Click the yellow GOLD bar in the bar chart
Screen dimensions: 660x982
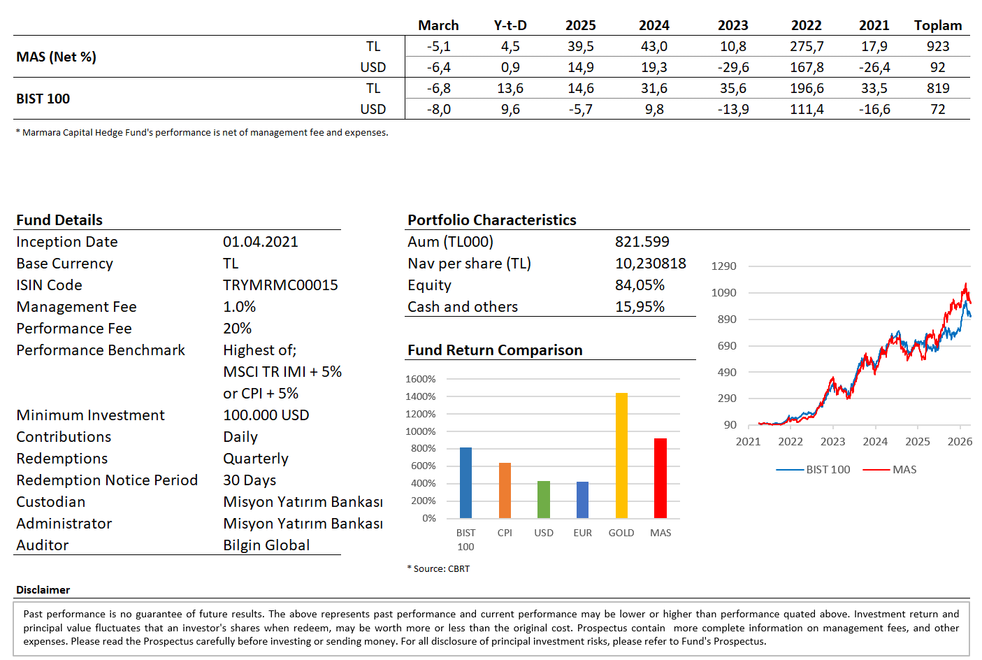[x=621, y=456]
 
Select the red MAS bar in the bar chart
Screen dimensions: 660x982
[x=660, y=478]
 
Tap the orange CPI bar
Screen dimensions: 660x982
[x=505, y=490]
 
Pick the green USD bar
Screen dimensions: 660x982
[x=544, y=499]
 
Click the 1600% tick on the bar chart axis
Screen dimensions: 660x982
[x=420, y=379]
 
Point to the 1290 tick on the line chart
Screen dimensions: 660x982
[x=723, y=266]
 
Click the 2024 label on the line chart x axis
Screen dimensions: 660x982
[x=875, y=442]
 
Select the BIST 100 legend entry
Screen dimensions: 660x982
[x=814, y=470]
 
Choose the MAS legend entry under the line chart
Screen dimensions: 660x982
[x=890, y=470]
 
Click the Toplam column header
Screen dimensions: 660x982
[x=937, y=26]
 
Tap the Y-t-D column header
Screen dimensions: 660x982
[x=510, y=26]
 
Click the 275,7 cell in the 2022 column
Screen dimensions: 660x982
[x=806, y=47]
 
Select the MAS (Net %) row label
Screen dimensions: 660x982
[x=57, y=57]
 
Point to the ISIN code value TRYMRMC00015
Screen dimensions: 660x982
[x=280, y=285]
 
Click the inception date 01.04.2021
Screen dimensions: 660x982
[x=260, y=242]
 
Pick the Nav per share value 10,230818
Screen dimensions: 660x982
[x=650, y=264]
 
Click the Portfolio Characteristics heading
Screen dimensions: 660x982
[x=492, y=220]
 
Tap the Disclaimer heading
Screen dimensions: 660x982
[x=43, y=590]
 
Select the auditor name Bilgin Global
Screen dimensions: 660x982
[x=266, y=545]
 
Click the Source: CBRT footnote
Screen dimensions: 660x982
[x=439, y=569]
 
